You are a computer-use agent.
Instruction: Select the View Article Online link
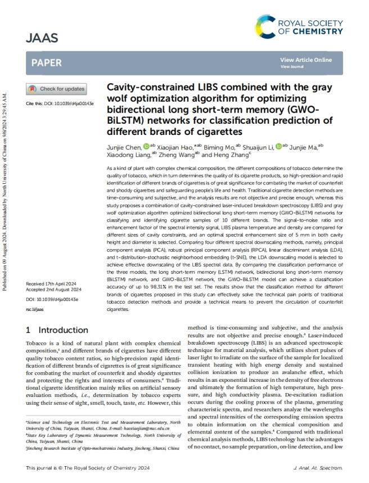(x=305, y=60)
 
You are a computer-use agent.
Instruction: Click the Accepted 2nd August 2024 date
(x=54, y=289)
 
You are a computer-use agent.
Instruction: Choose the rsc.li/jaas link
(x=35, y=308)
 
